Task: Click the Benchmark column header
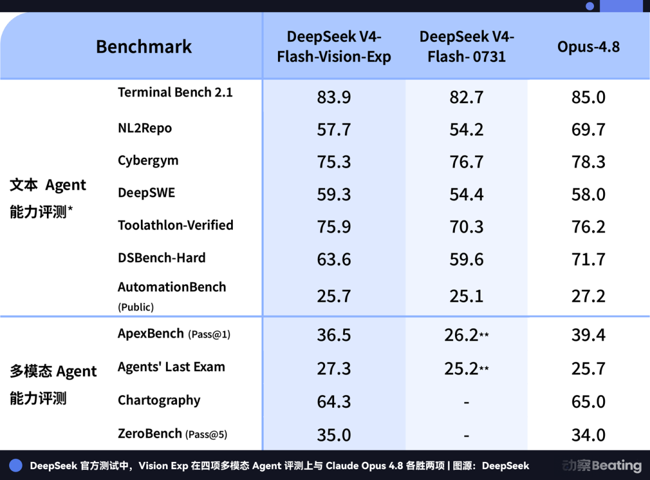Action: pyautogui.click(x=144, y=46)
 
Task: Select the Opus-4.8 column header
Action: pyautogui.click(x=588, y=47)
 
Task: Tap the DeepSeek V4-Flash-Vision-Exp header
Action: pyautogui.click(x=333, y=46)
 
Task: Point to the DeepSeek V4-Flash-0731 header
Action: pyautogui.click(x=466, y=46)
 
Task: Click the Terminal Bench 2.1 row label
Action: pyautogui.click(x=175, y=92)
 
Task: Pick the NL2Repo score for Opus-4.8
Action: pyautogui.click(x=588, y=130)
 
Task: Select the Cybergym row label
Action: pyautogui.click(x=148, y=161)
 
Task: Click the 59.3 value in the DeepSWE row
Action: pyautogui.click(x=333, y=195)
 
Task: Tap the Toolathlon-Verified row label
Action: pyautogui.click(x=176, y=225)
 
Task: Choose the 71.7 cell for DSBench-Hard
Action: pyautogui.click(x=588, y=260)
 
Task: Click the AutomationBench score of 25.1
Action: pyautogui.click(x=466, y=296)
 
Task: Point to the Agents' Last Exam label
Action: pyautogui.click(x=171, y=367)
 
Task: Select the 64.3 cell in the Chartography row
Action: pyautogui.click(x=333, y=402)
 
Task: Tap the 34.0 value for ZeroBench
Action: pyautogui.click(x=588, y=435)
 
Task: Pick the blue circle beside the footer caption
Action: pyautogui.click(x=16, y=466)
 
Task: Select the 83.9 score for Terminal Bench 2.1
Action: pyautogui.click(x=333, y=98)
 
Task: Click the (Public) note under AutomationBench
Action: pyautogui.click(x=136, y=307)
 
